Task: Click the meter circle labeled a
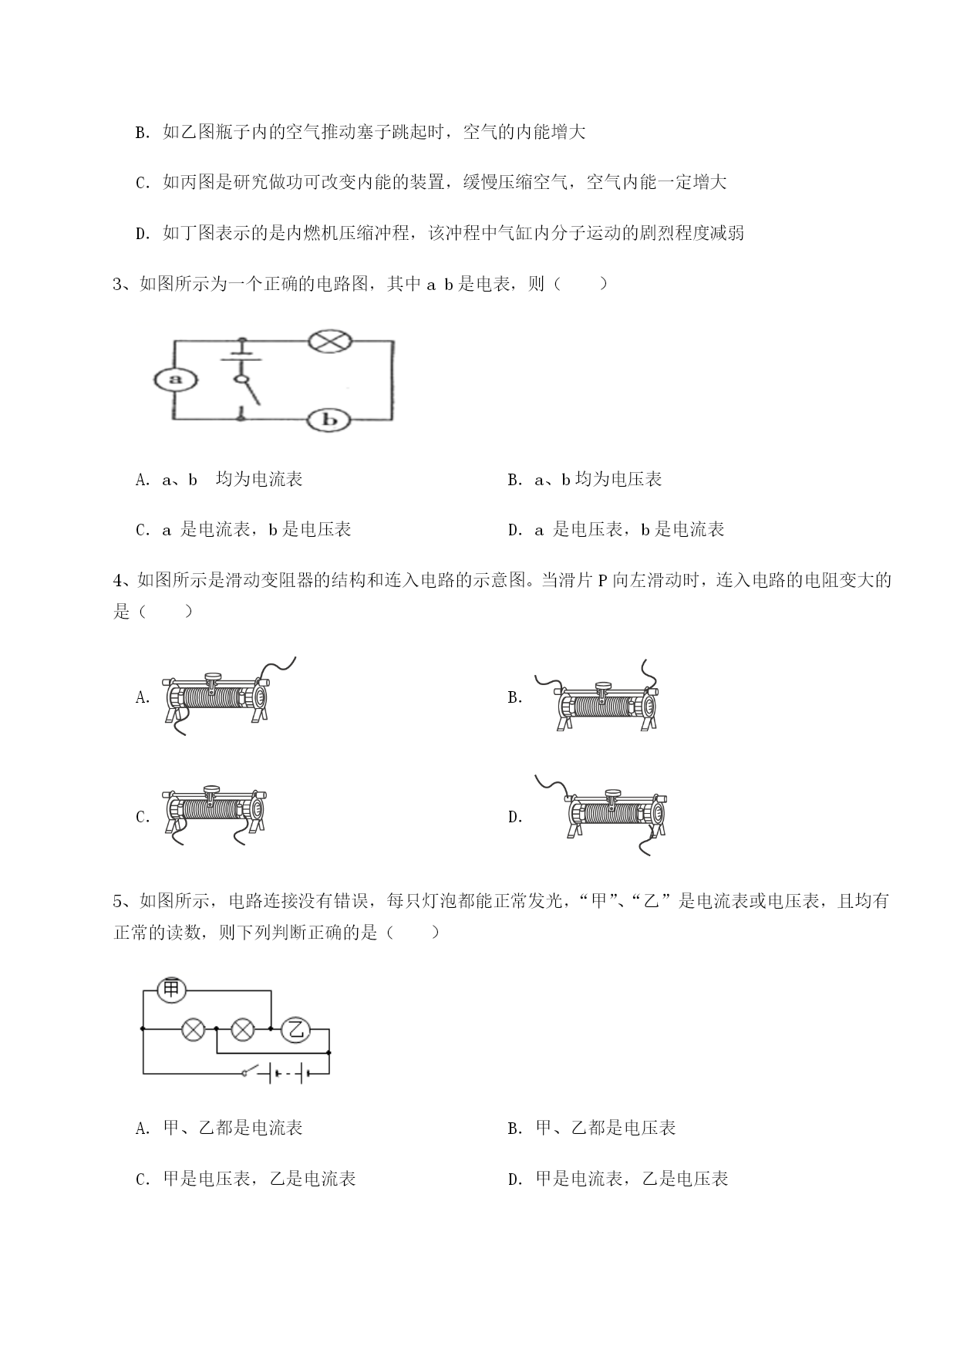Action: (174, 379)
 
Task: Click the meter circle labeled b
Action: (329, 420)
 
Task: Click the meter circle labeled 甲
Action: (171, 989)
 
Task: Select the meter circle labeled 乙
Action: (293, 1029)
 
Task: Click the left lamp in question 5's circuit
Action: (193, 1029)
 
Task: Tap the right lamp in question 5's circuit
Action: (243, 1029)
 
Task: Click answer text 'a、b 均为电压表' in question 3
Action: (598, 479)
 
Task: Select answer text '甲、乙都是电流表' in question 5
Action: (233, 1128)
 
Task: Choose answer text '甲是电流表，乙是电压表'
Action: (632, 1179)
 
